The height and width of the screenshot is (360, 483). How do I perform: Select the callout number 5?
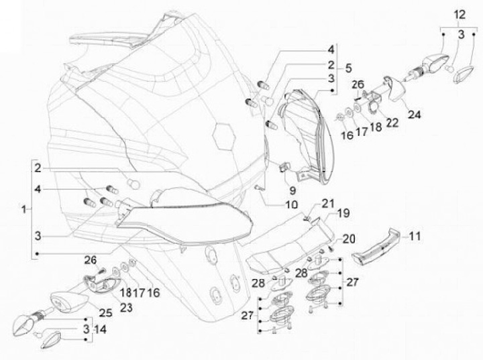[x=349, y=68]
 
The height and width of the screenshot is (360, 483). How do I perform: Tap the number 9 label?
[x=291, y=189]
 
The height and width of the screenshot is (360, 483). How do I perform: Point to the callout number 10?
[x=292, y=204]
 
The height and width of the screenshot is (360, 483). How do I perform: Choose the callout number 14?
[x=101, y=329]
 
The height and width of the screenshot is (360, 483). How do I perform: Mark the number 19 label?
[x=343, y=214]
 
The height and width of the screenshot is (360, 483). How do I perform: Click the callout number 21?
[x=327, y=203]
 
